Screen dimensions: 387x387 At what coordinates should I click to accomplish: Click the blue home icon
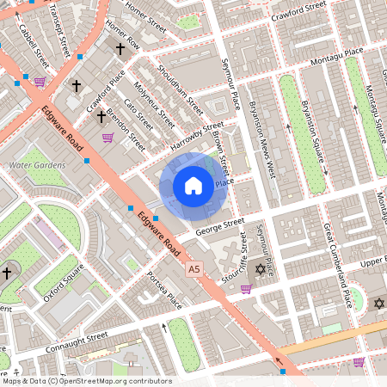point(193,185)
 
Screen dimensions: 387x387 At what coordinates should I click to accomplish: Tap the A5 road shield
point(197,270)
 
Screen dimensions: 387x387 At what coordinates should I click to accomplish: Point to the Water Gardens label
point(32,164)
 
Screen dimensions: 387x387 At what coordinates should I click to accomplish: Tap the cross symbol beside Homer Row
point(120,51)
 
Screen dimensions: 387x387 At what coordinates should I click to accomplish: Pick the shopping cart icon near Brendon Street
point(107,137)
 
